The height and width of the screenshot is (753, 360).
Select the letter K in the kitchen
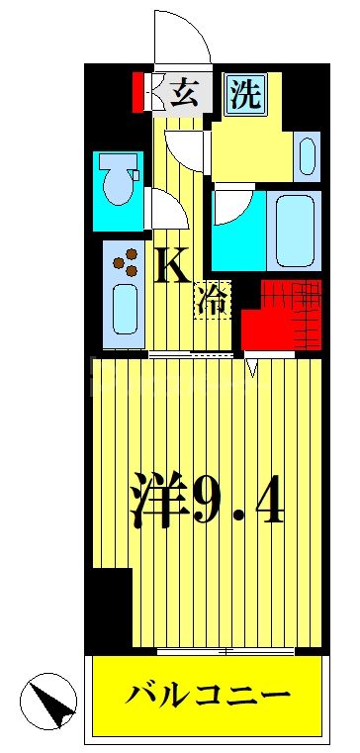coord(172,265)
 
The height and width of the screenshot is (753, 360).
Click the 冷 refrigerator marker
coord(213,299)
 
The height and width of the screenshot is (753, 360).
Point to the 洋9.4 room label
coord(208,501)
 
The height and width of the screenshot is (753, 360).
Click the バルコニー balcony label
coord(208,696)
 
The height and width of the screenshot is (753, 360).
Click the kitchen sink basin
coord(125,309)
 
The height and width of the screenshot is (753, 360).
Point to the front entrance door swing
coord(181,35)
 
